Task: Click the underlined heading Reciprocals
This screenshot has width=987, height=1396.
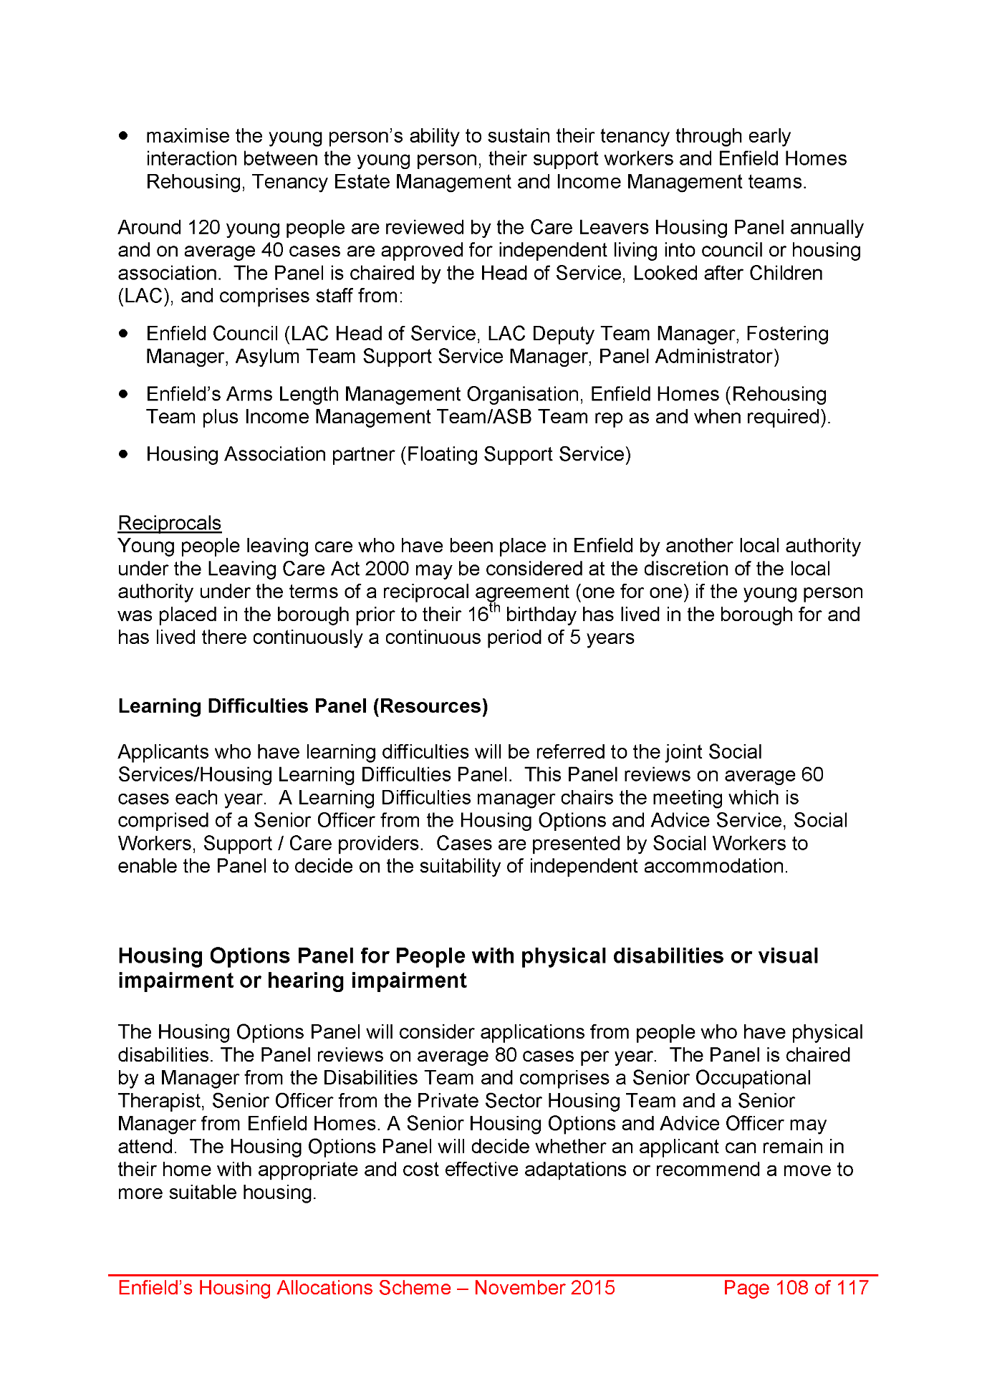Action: point(169,523)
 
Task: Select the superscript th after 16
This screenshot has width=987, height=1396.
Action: point(494,610)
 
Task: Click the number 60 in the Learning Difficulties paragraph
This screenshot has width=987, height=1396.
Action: point(812,775)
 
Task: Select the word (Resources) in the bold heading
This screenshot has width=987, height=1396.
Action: point(430,706)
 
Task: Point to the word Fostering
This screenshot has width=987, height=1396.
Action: point(787,334)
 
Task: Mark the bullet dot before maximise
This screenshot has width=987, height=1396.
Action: point(125,135)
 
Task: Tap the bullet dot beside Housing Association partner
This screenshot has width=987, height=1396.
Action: point(125,454)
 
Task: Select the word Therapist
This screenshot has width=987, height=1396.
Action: point(160,1101)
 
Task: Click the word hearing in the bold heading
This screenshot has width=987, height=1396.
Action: point(305,981)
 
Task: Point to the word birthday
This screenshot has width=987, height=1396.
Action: point(541,615)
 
